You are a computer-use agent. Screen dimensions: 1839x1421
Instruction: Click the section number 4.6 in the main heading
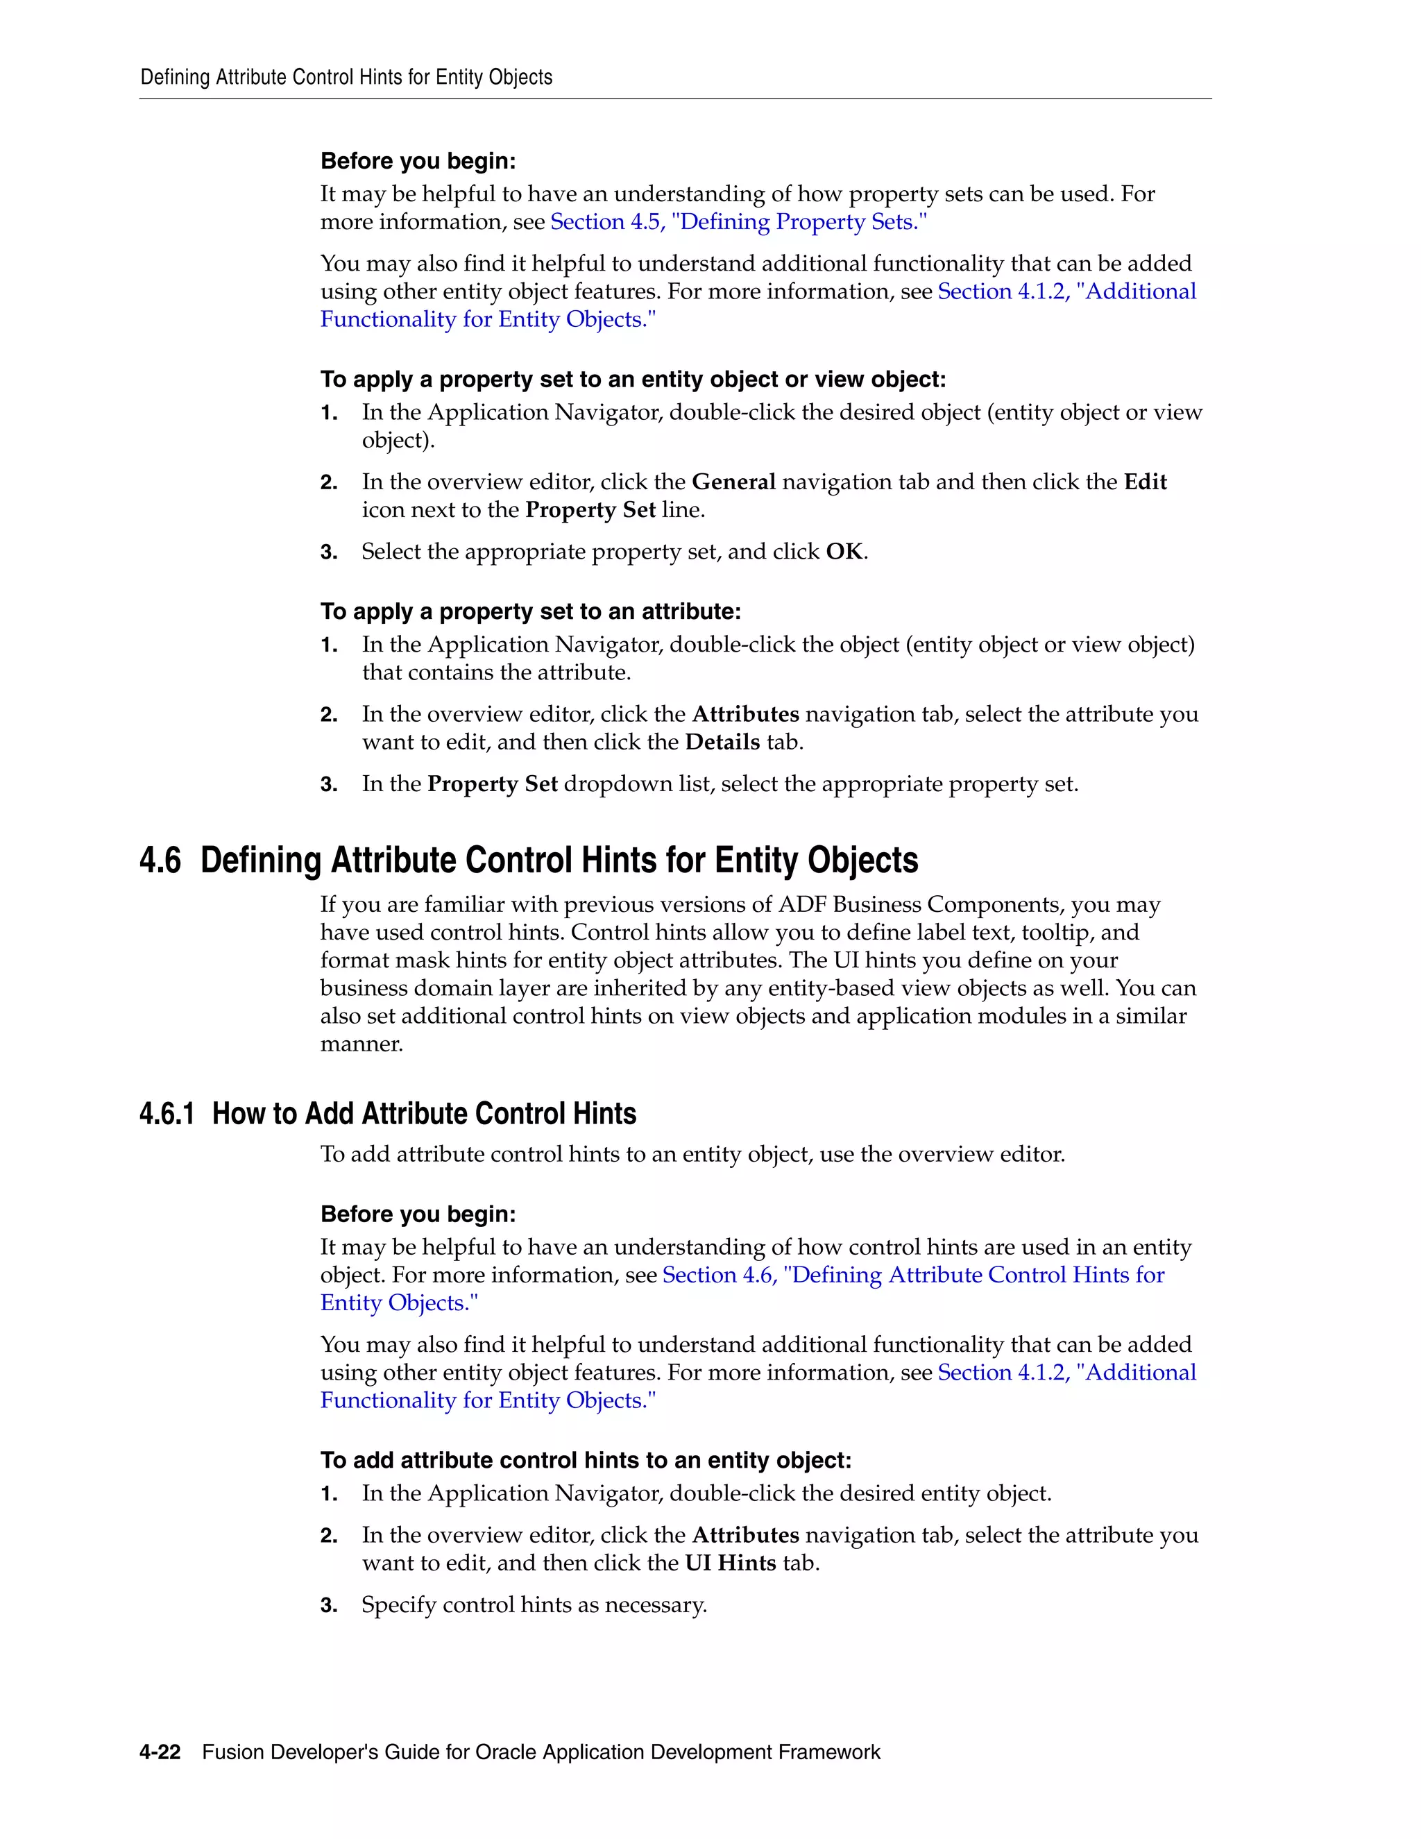pos(160,861)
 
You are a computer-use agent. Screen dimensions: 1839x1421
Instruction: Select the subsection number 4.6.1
pos(167,1114)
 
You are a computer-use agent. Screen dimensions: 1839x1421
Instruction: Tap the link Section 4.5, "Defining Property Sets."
pos(738,221)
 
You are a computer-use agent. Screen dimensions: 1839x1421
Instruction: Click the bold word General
pos(733,482)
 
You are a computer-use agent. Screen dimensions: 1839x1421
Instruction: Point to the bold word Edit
pos(1145,482)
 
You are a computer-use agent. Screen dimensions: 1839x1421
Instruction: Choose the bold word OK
pos(844,552)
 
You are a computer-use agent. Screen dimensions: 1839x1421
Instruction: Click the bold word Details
pos(722,743)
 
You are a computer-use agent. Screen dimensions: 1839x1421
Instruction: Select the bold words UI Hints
pos(730,1563)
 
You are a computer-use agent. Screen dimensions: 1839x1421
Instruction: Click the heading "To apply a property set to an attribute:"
pos(530,611)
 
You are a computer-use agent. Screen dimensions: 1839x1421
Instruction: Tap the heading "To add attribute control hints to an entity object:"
pos(586,1460)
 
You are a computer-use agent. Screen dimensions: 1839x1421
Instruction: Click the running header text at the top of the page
pos(346,78)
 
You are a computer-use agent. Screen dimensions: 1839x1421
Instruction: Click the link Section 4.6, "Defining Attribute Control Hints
pos(913,1275)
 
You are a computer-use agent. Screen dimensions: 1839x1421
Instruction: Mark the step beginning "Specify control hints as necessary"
pos(534,1605)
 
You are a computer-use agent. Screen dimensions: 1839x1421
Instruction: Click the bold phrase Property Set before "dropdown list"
pos(493,785)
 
